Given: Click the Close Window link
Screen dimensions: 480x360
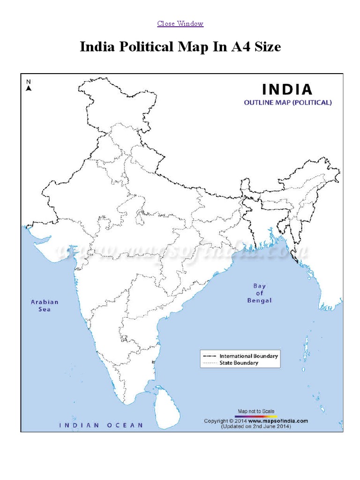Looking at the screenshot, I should [180, 23].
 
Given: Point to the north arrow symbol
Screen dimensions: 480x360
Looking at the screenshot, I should [29, 88].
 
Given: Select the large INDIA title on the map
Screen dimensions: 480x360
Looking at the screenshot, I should [287, 89].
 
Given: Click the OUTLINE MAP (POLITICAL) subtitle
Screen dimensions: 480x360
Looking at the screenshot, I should [287, 103].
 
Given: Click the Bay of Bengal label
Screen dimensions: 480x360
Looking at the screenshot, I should [259, 293].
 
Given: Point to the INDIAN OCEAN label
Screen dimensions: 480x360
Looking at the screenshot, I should [101, 425].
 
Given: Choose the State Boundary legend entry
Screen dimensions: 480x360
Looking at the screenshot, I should [239, 363].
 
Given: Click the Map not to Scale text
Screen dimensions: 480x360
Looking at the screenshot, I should [256, 411].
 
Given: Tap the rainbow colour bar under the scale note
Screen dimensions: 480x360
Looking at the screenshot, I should [256, 416].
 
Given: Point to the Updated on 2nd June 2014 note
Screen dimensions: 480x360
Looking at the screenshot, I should [256, 427].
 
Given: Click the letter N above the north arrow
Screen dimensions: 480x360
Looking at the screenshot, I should [29, 81].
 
